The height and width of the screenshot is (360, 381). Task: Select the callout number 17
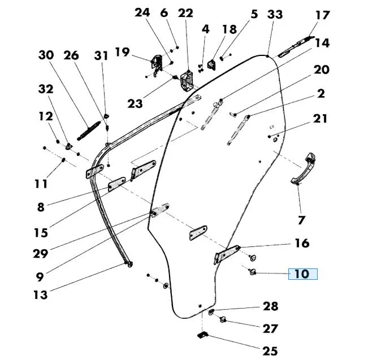click(x=322, y=15)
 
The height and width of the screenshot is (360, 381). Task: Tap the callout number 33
click(x=275, y=14)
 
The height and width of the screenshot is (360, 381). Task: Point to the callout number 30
click(x=46, y=55)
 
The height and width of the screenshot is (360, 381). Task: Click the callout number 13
click(x=41, y=294)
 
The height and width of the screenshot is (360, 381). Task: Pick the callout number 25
click(x=270, y=351)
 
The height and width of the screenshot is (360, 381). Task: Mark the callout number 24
click(x=143, y=12)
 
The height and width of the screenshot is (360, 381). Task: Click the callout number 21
click(x=320, y=119)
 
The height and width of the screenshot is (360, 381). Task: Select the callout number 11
click(x=40, y=184)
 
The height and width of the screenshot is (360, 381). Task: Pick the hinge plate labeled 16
click(x=226, y=253)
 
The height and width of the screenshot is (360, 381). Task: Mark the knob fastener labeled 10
click(x=253, y=274)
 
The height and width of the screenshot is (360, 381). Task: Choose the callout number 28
click(x=270, y=306)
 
